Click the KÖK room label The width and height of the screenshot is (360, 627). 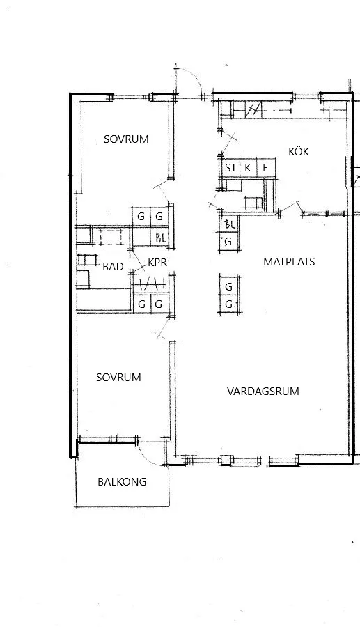[299, 151]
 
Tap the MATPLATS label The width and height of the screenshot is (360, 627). [289, 261]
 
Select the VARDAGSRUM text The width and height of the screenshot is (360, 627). [263, 391]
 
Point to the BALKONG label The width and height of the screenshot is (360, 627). [122, 482]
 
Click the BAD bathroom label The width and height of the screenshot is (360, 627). [113, 267]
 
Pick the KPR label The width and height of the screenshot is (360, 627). [157, 263]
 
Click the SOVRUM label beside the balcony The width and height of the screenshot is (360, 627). [118, 378]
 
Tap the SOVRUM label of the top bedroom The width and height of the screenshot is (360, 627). [126, 139]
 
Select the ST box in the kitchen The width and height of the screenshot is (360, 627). [230, 168]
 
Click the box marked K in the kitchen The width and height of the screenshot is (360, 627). [248, 168]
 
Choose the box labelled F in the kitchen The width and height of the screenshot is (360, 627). [266, 168]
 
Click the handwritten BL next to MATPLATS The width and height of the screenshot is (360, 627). [230, 224]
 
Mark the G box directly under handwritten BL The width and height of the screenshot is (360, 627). [229, 242]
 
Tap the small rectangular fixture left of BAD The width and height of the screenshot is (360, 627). [87, 260]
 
